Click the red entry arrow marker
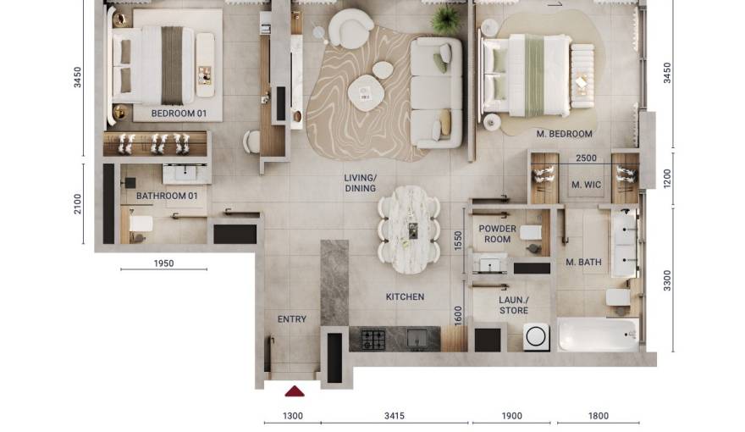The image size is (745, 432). [x=294, y=390]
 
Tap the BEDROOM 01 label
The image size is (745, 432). [x=179, y=113]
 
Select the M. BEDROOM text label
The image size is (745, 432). [x=564, y=134]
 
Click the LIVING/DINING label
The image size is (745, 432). [x=360, y=183]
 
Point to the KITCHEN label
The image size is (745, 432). [x=405, y=297]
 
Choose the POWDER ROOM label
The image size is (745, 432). [x=497, y=234]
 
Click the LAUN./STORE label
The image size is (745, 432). [x=513, y=305]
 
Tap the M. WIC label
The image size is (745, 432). [x=586, y=186]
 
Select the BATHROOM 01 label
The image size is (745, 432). [x=167, y=197]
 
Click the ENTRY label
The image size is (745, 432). [x=292, y=319]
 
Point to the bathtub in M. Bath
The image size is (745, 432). [x=598, y=335]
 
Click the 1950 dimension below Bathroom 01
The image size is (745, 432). [x=163, y=263]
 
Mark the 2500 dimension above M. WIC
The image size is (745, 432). [x=586, y=158]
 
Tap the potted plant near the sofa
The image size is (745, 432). [x=444, y=19]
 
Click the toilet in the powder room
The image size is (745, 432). [x=531, y=233]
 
